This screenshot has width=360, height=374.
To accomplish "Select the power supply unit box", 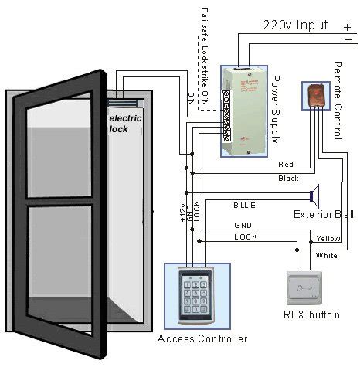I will pos(244,110).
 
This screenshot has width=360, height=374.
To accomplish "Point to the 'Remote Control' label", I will pos(338,101).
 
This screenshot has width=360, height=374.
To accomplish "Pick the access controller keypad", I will pos(192,294).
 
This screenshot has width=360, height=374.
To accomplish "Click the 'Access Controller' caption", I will pos(202,338).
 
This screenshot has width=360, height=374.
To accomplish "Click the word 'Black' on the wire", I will pos(287,178).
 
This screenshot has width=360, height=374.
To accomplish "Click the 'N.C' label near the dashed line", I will pos(191,99).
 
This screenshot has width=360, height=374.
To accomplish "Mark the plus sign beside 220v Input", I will pos(347,25).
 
